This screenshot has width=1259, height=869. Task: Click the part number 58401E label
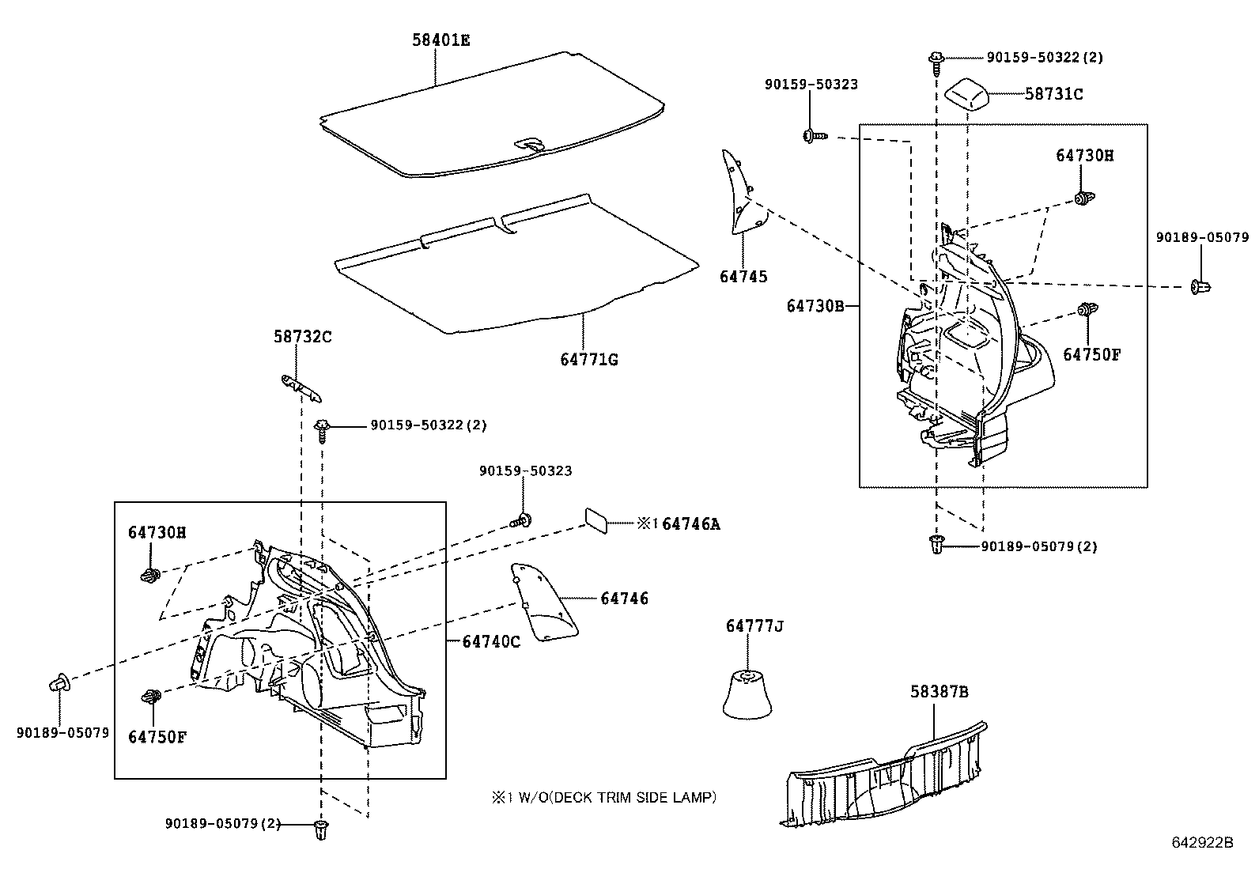[x=440, y=40]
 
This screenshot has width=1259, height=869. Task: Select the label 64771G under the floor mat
[x=589, y=360]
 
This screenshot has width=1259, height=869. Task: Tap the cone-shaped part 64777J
[x=747, y=695]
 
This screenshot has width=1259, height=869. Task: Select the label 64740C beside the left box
[x=491, y=641]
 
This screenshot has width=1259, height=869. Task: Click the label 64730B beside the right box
[x=815, y=305]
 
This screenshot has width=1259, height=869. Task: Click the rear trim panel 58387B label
[x=938, y=692]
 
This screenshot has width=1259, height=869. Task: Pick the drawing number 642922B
[x=1202, y=842]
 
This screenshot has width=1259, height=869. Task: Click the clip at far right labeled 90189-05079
[x=1200, y=286]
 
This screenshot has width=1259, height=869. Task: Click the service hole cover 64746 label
[x=624, y=599]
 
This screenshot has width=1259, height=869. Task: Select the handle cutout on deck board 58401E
[x=529, y=145]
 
